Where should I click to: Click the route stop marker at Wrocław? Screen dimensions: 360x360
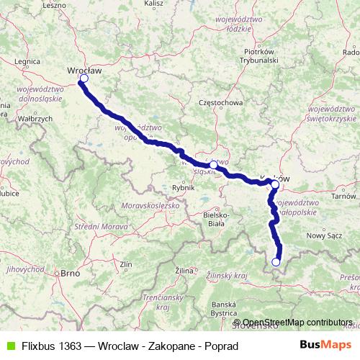(x=84, y=78)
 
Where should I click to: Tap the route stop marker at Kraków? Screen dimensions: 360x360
(x=275, y=184)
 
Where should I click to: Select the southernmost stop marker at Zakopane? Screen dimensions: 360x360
(x=276, y=262)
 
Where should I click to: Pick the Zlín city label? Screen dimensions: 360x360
(x=127, y=264)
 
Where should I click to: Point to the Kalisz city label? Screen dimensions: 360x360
(x=155, y=4)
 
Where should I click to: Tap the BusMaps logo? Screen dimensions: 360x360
(x=328, y=346)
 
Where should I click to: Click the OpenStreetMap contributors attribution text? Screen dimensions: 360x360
(x=297, y=323)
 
